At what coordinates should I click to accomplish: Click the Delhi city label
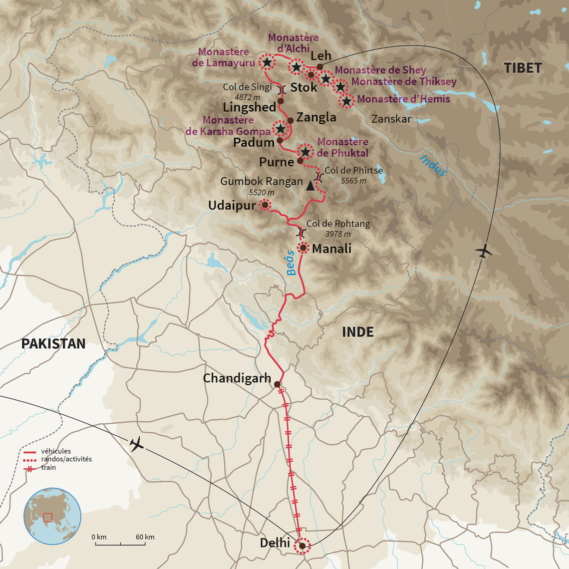(x=275, y=543)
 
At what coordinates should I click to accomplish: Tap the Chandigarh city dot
(x=277, y=384)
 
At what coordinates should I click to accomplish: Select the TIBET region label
(x=522, y=68)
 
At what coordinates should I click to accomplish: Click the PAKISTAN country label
(x=53, y=343)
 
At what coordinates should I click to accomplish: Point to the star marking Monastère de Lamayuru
(x=267, y=62)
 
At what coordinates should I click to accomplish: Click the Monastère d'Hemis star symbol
(x=346, y=101)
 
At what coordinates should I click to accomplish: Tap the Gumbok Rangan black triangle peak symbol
(x=310, y=186)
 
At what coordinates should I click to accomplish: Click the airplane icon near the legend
(x=136, y=443)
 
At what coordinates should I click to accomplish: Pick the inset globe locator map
(x=52, y=516)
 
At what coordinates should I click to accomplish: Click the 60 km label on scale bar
(x=145, y=537)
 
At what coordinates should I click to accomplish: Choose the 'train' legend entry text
(x=48, y=468)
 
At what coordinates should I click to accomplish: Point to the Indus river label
(x=432, y=165)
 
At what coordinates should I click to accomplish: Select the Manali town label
(x=331, y=248)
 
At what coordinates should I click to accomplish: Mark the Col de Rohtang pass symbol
(x=300, y=232)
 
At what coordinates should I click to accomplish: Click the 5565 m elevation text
(x=353, y=181)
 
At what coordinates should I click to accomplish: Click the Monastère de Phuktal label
(x=342, y=147)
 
